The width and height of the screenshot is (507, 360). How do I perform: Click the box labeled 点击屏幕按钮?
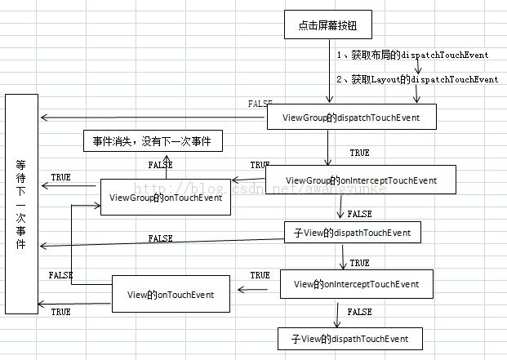tap(329, 25)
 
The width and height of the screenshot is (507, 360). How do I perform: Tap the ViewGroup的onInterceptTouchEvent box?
tap(361, 180)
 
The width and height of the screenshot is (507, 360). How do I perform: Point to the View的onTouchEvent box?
tap(171, 294)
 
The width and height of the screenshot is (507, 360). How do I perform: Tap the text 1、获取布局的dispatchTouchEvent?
tap(413, 55)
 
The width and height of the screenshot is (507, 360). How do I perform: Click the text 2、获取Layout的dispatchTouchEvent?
tap(417, 79)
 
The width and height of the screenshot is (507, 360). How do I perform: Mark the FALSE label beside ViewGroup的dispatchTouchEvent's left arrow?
tap(260, 104)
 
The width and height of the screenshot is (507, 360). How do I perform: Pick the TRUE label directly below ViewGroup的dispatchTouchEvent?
tap(358, 153)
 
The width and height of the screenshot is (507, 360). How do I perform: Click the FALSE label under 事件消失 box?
tap(160, 164)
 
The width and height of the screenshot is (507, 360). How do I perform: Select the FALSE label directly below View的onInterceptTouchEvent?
tap(359, 312)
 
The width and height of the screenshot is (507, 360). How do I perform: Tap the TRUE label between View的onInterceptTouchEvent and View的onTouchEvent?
tap(260, 276)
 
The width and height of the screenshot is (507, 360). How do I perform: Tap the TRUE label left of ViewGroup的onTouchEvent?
tap(60, 177)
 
